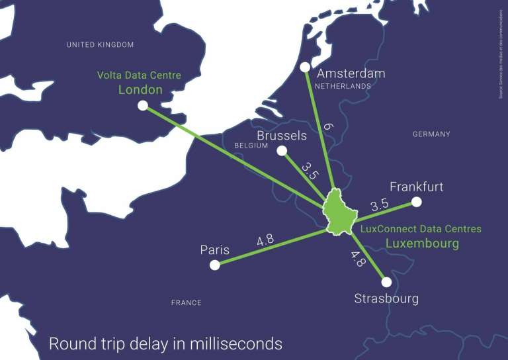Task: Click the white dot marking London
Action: (142, 105)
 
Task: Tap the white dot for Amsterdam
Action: (305, 67)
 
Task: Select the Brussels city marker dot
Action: (282, 151)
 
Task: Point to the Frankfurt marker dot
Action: (416, 201)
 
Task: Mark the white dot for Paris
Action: (214, 265)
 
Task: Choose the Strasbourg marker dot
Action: (386, 282)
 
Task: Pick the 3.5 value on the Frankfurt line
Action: (379, 205)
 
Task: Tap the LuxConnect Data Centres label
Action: (421, 229)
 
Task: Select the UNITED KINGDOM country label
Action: (101, 44)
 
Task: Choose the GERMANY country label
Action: (431, 134)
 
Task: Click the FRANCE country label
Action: (186, 302)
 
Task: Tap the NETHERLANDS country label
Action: (343, 87)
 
